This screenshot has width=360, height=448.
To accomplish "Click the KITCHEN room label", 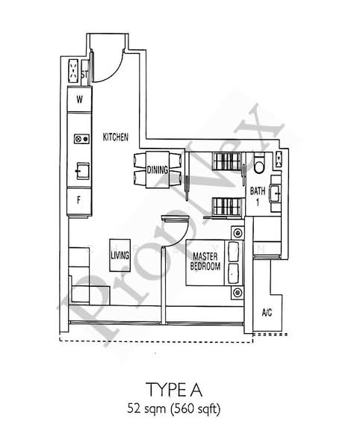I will pos(117,137).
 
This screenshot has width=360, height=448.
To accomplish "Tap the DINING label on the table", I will pos(157,169).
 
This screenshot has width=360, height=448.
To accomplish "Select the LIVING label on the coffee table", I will pos(119,255).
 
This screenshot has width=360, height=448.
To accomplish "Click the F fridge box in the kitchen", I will pos(78,199).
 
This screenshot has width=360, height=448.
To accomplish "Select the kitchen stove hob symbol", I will pos(79,139).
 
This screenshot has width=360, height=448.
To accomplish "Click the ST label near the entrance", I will pos(85,73).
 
